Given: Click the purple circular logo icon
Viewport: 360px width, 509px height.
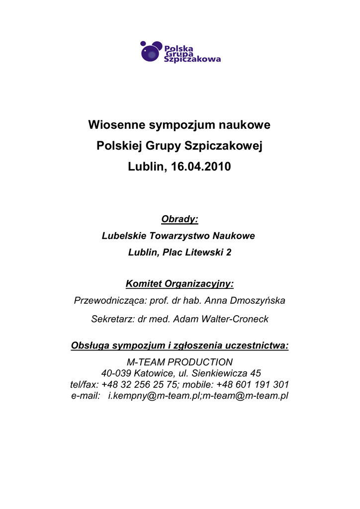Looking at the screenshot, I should [x=151, y=52].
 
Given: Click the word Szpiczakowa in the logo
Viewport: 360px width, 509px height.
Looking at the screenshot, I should [x=192, y=59].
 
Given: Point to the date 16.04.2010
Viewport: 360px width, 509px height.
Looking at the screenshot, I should [x=201, y=167].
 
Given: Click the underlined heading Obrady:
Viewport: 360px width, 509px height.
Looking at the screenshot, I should [x=180, y=219].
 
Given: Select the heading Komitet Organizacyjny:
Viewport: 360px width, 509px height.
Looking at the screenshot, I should [x=180, y=284].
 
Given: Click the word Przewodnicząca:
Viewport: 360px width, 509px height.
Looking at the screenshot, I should [x=110, y=301].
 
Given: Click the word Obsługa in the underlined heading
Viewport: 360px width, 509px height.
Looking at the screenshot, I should [x=90, y=345].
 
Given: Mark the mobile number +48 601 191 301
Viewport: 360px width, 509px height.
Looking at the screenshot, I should [x=253, y=385].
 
